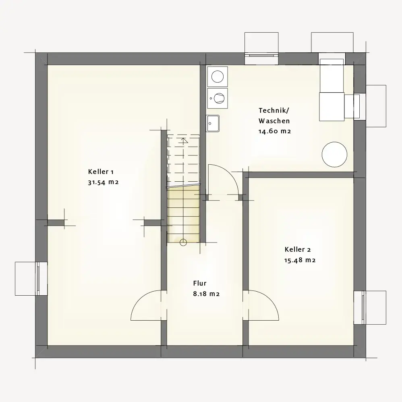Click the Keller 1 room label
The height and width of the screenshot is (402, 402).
[x=101, y=172]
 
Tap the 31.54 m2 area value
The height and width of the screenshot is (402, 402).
[x=104, y=182]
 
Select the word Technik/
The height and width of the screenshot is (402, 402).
[x=274, y=110]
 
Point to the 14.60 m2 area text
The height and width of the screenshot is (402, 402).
[x=275, y=131]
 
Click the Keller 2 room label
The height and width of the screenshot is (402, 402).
[x=298, y=249]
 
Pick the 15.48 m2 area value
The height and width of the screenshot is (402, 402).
[x=300, y=260]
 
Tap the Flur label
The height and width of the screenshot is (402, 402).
[x=200, y=283]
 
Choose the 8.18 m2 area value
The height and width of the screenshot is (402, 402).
[x=206, y=294]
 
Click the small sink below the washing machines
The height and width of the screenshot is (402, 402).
[x=213, y=123]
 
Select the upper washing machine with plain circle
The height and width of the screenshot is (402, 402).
[x=218, y=77]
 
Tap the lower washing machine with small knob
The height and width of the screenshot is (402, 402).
[x=218, y=98]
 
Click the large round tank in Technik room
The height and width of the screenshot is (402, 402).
[x=334, y=154]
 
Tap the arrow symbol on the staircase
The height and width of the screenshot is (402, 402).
[x=183, y=141]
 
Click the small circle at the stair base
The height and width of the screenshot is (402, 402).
[x=183, y=242]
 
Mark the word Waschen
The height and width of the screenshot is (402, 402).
[x=274, y=121]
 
